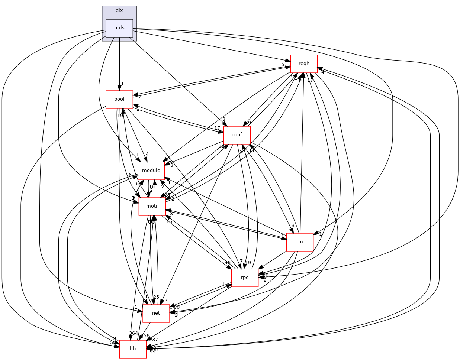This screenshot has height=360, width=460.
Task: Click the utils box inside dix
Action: pos(119,28)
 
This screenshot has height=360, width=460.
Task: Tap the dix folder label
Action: pos(119,10)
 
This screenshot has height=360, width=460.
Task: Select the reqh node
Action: pos(303,64)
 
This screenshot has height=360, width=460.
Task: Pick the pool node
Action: pos(119,99)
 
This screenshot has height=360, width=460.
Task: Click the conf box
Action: pos(237,135)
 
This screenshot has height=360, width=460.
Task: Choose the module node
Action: pos(151,171)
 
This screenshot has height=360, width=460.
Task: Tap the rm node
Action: pos(300,242)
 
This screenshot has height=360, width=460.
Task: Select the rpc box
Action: pos(245,278)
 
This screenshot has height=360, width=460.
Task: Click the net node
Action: pos(156,313)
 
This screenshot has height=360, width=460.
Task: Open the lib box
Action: pos(133,349)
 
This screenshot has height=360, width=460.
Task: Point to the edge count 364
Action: pos(133,333)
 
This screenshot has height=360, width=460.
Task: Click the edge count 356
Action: pos(144,336)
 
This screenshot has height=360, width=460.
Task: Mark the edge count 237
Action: pos(154,340)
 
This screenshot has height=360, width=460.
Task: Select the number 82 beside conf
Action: pos(222,146)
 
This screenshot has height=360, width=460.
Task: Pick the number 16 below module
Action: pos(152,187)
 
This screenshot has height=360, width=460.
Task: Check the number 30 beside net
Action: pos(176,307)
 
